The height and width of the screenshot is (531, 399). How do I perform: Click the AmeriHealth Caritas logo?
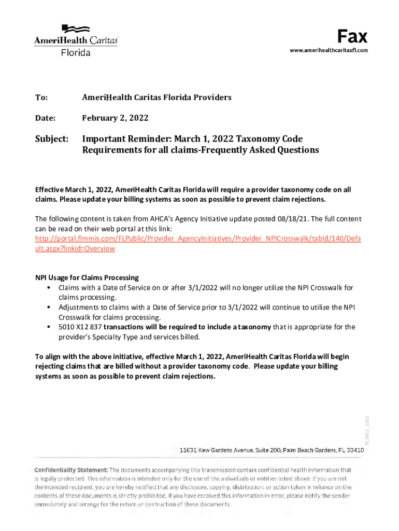tap(76, 40)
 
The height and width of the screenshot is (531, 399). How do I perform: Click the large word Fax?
tap(352, 36)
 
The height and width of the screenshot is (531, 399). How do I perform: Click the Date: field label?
tap(45, 118)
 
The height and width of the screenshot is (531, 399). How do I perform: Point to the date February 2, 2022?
tap(115, 118)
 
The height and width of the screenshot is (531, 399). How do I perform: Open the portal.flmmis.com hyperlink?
tap(197, 239)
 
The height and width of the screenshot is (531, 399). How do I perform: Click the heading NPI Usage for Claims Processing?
tap(87, 278)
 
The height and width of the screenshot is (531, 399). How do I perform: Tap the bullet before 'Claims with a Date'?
tap(48, 288)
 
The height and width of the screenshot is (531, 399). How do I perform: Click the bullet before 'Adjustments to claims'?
tap(48, 308)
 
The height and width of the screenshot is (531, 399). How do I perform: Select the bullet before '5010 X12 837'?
tap(48, 327)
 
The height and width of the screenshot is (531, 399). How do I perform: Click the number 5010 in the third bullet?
tap(67, 327)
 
